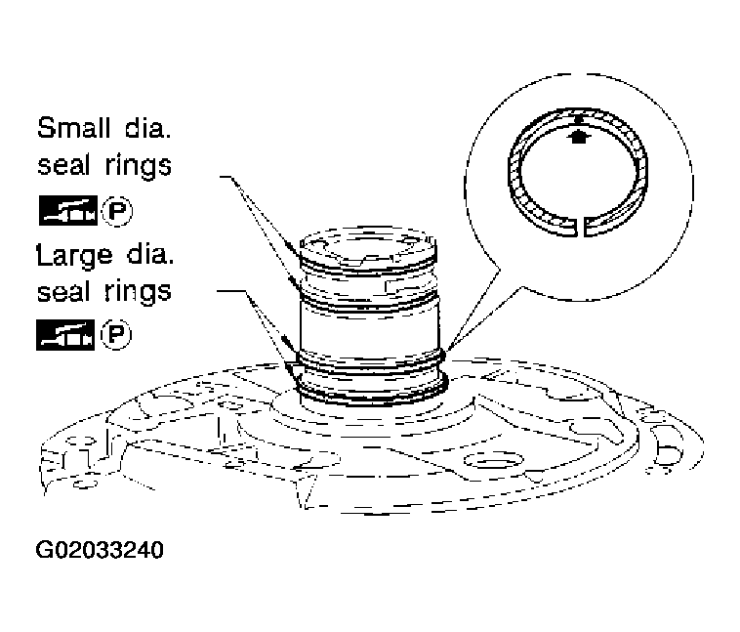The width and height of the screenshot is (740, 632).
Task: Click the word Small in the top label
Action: [x=74, y=128]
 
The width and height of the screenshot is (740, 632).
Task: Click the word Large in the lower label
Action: [x=74, y=256]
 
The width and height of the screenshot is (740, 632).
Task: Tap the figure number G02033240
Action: [x=100, y=550]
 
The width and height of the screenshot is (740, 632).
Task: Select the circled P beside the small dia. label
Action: [x=117, y=211]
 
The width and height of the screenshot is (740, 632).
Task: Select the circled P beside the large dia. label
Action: [x=116, y=335]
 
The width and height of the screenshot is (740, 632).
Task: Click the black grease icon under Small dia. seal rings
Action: [x=68, y=210]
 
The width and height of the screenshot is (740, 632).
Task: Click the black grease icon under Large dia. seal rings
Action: [x=65, y=335]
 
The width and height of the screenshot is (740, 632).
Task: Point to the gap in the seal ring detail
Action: [x=581, y=227]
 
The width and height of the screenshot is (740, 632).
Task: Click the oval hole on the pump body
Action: [x=493, y=459]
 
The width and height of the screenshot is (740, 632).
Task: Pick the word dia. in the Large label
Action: [x=150, y=255]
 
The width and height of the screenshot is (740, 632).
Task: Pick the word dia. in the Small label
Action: [x=148, y=128]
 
